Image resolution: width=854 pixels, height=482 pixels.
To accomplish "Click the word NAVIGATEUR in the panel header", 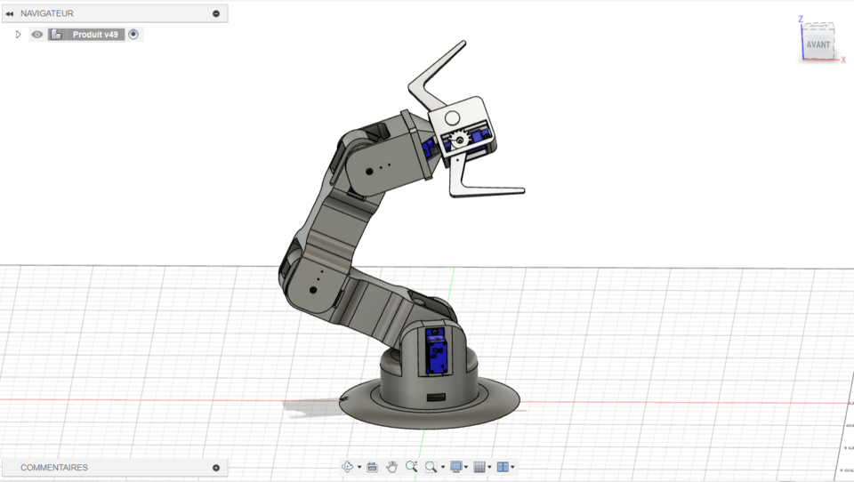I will click(47, 13).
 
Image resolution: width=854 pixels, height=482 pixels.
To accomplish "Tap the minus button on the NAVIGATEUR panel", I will click(216, 13).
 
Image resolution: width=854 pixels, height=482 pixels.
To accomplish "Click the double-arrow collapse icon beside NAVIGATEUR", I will click(10, 13).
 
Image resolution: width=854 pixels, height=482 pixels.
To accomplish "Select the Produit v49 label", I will click(94, 35).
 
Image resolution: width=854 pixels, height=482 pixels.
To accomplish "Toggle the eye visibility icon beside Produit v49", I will click(37, 35).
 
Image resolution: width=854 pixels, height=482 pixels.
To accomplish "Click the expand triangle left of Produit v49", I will click(18, 35).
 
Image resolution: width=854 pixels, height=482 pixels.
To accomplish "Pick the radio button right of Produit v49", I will click(133, 35).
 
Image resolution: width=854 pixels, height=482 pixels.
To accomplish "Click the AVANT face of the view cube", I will click(818, 44).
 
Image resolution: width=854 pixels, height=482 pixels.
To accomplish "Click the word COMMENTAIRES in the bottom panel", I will click(54, 467).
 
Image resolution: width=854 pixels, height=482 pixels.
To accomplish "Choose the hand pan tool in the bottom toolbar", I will click(391, 467).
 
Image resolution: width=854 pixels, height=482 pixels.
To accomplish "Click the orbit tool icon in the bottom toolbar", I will click(347, 467).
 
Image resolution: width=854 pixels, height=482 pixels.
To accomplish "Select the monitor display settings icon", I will click(456, 467).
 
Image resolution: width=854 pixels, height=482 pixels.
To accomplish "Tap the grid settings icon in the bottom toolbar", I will click(479, 467).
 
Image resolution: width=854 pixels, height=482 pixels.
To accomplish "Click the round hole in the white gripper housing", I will click(452, 117).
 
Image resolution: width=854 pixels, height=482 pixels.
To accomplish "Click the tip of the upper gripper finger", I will click(463, 43).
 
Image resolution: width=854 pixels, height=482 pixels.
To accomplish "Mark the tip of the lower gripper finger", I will click(522, 190).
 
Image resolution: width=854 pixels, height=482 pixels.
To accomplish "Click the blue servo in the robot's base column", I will click(437, 351).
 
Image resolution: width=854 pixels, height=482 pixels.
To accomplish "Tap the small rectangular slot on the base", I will click(436, 395).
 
